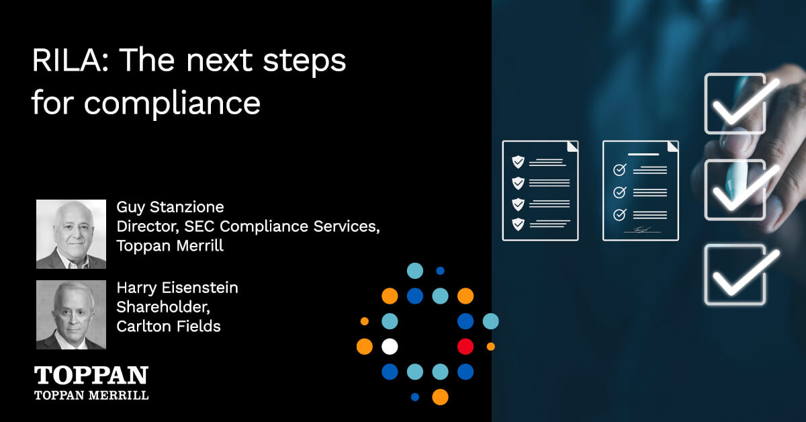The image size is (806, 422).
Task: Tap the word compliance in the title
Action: (172, 104)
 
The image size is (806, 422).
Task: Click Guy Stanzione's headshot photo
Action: (71, 234)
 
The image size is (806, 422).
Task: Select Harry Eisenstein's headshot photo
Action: (71, 315)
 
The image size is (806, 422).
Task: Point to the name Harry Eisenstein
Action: (177, 288)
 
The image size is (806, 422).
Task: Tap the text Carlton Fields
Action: (169, 327)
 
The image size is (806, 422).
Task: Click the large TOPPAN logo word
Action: (91, 376)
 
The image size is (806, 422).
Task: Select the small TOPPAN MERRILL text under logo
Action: (91, 395)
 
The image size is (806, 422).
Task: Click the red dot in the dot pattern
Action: (465, 347)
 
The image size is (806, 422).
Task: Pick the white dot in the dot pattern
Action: (390, 347)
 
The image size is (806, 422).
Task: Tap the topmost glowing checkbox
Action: (735, 103)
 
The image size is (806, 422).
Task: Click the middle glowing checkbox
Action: (735, 189)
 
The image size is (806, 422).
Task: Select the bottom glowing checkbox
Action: (735, 274)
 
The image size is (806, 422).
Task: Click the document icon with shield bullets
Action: (540, 190)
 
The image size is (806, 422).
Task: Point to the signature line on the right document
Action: (642, 230)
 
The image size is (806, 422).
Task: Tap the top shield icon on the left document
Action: (518, 162)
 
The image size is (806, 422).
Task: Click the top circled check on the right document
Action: (619, 170)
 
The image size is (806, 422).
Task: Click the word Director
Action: (144, 226)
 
